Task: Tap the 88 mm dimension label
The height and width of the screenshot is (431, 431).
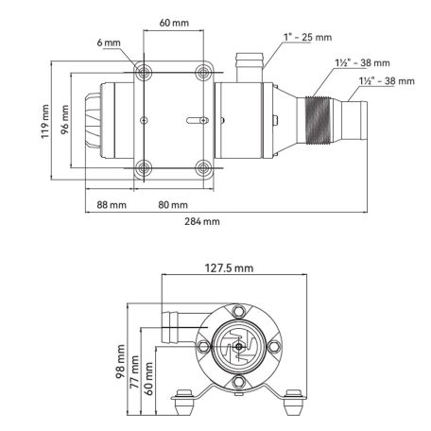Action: [112, 203]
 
